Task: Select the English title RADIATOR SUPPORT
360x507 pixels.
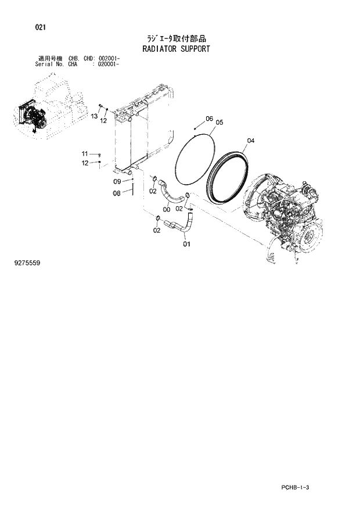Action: (176, 49)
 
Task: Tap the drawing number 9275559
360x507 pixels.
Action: (27, 263)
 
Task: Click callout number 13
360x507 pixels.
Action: (93, 117)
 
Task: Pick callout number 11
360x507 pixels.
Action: (85, 153)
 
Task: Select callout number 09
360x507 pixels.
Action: (116, 182)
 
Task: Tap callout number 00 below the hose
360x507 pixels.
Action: (167, 210)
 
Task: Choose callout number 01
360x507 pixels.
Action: (186, 244)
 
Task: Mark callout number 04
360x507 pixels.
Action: (250, 141)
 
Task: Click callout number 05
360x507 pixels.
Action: (219, 123)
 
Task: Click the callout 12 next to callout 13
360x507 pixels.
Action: (104, 121)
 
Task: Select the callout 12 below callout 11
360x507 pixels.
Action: (85, 163)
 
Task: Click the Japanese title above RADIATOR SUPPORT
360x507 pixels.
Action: (176, 38)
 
